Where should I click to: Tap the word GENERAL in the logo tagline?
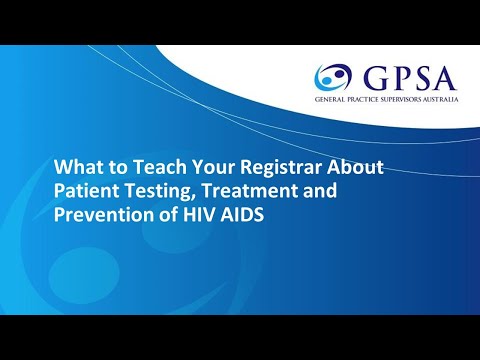[x=331, y=102]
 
